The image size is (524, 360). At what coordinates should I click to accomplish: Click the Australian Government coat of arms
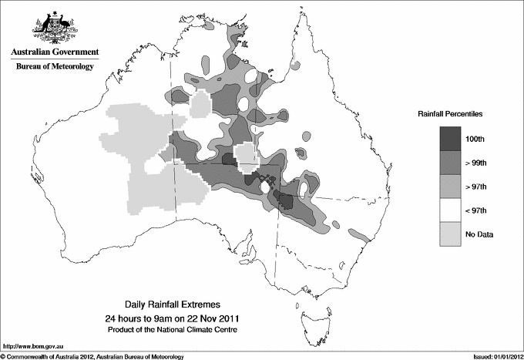click(55, 27)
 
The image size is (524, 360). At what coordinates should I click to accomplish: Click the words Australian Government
click(55, 52)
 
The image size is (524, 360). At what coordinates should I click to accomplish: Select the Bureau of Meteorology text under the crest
click(55, 67)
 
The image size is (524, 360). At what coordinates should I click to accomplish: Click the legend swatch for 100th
click(451, 138)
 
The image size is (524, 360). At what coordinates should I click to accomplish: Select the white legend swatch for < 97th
click(451, 210)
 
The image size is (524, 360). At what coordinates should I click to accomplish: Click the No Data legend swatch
click(451, 234)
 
